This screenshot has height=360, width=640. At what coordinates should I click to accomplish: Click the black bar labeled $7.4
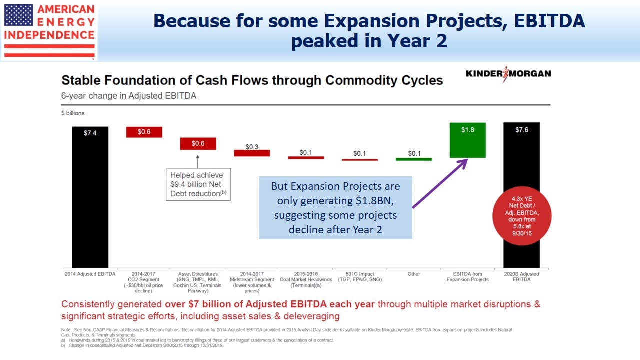click(90, 197)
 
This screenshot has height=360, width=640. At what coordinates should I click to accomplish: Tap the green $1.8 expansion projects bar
click(467, 140)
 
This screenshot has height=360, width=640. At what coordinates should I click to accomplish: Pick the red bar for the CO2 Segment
click(144, 132)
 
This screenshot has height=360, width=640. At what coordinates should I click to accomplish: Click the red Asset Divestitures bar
click(198, 143)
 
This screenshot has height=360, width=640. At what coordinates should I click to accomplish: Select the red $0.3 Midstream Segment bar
click(252, 153)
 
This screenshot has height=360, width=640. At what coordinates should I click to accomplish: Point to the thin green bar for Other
click(413, 159)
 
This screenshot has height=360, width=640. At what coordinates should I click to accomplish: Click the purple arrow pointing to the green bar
click(440, 183)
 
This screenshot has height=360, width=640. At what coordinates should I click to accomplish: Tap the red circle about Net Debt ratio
click(522, 216)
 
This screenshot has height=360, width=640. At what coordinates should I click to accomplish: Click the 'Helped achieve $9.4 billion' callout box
click(198, 184)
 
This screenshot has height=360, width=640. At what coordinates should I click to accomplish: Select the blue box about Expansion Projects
click(335, 208)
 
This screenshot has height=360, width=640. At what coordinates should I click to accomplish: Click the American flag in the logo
click(19, 15)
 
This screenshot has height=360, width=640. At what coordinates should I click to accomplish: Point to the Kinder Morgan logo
click(508, 74)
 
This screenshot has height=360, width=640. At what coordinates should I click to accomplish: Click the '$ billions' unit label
click(73, 113)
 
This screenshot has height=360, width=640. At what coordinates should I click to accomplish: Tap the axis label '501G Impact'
click(359, 274)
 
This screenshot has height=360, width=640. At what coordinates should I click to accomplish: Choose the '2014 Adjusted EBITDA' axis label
click(90, 274)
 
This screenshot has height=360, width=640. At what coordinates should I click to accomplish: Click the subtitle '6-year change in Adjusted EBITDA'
click(129, 96)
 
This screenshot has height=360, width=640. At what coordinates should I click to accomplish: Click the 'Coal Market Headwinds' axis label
click(306, 279)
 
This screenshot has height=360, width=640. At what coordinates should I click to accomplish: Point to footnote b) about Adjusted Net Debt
click(142, 345)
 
